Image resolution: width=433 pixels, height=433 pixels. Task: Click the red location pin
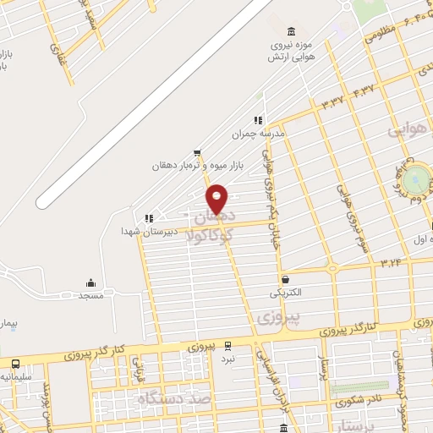[x=217, y=199]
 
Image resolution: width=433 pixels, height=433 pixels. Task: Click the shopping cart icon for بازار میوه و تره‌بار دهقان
[x=197, y=152]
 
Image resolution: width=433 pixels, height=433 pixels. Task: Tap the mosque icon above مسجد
[x=90, y=283]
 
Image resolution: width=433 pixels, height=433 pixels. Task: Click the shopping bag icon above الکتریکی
[x=285, y=280]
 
